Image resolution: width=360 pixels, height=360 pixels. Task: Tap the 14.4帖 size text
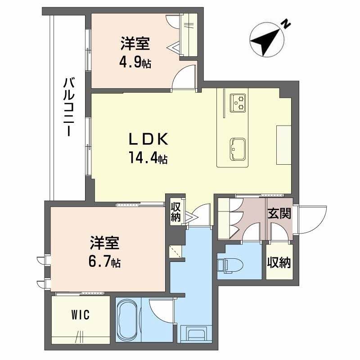148,158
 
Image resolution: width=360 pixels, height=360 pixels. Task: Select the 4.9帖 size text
135,63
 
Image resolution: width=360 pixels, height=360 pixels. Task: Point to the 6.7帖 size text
104,261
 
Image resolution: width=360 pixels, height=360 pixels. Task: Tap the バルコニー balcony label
68,108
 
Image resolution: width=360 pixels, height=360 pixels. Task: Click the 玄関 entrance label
279,213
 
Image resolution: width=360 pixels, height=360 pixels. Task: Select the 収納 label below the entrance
279,262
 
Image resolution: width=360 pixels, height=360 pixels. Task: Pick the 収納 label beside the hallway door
176,212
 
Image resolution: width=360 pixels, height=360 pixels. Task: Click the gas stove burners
238,103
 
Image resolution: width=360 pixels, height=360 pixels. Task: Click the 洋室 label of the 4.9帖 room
135,45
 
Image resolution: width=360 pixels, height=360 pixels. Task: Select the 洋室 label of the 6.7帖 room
104,243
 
